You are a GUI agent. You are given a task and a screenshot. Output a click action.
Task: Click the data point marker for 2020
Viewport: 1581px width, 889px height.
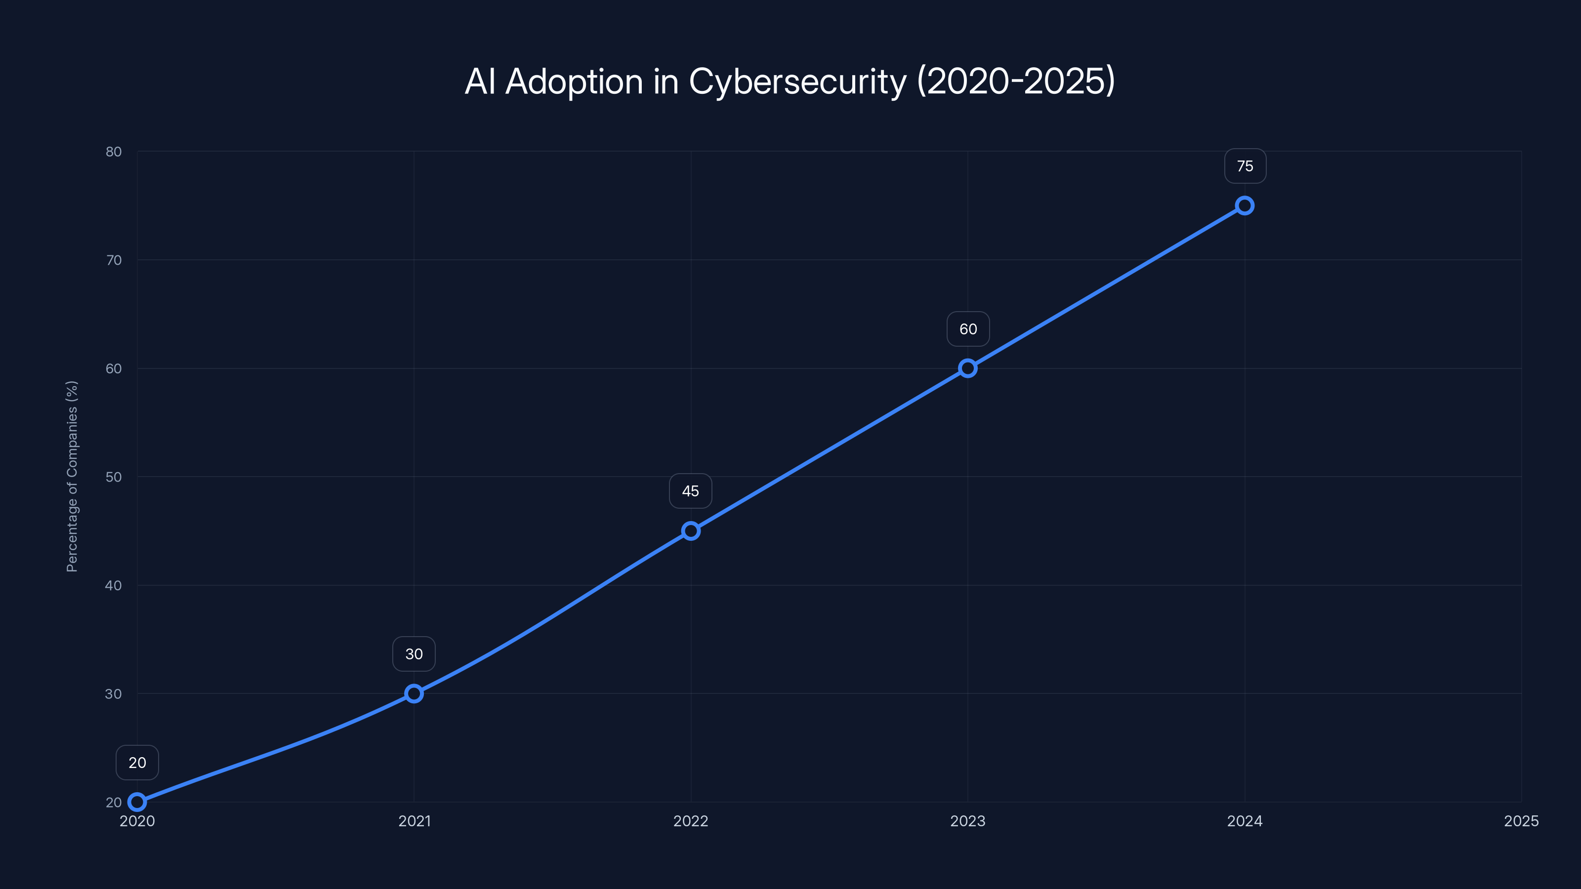137,802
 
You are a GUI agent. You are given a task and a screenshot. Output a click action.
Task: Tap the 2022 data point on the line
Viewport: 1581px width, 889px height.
691,531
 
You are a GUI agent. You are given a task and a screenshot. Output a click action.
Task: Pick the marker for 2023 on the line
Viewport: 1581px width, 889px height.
968,368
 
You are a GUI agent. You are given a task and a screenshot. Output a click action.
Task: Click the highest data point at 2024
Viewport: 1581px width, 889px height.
1245,205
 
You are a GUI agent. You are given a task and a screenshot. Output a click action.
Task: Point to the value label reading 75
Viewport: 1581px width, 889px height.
1245,166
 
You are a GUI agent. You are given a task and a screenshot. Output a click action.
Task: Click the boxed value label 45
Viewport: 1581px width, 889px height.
691,491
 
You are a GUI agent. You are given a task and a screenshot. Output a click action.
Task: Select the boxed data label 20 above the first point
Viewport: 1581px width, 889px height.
137,763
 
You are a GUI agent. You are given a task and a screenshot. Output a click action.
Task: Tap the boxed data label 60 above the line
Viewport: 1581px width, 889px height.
968,329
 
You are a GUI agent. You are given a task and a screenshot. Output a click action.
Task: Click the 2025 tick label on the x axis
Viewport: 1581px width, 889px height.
1521,821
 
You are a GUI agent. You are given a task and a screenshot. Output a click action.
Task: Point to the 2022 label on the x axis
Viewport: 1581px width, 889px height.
691,821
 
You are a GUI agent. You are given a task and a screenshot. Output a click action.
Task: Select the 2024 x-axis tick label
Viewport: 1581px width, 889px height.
1245,821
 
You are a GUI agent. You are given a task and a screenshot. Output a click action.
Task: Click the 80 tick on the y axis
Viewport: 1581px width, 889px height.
114,152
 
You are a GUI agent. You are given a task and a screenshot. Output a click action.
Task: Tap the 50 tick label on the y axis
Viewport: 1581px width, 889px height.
114,477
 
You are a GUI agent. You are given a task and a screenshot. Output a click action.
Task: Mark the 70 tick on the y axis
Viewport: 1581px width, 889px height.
114,260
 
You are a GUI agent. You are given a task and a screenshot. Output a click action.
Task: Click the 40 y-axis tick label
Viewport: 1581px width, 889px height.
114,585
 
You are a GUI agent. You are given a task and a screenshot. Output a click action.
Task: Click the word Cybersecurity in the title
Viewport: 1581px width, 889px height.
797,81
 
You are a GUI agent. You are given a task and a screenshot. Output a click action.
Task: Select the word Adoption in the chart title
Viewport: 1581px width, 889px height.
574,81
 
